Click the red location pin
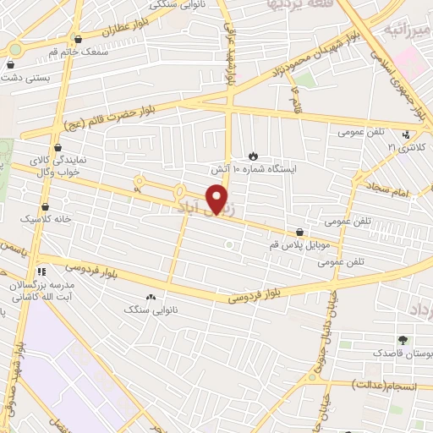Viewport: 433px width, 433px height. click(x=218, y=198)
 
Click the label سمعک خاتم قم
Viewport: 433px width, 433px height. click(x=79, y=52)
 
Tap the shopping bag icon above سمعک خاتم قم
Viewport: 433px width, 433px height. click(x=79, y=39)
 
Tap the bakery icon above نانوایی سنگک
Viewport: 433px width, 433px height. click(x=151, y=297)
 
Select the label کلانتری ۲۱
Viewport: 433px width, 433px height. click(x=405, y=146)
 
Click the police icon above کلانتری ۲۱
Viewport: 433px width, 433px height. click(x=407, y=134)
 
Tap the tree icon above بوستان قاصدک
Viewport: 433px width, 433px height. click(x=402, y=341)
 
